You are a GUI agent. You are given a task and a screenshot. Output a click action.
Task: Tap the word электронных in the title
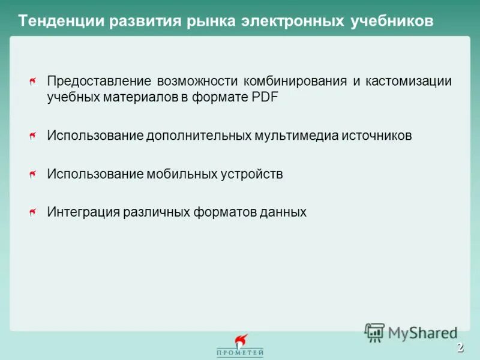285,22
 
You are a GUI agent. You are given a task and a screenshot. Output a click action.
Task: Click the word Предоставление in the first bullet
99,82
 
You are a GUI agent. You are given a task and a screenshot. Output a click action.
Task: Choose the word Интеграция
82,212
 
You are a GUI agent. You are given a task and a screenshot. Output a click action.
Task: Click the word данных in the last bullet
282,212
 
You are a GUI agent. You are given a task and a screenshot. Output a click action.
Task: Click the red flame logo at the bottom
241,341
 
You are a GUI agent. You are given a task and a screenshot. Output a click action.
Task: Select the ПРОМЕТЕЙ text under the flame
240,353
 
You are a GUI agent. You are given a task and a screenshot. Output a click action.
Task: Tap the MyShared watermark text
422,332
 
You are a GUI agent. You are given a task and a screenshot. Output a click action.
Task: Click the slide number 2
460,347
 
